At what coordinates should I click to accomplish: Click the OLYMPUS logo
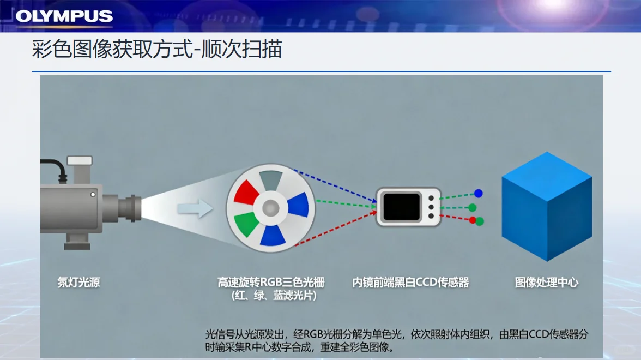coord(64,16)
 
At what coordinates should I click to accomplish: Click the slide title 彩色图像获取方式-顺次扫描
coord(157,50)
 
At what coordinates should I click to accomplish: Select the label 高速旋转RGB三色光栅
coord(270,282)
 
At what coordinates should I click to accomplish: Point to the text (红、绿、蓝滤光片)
coord(270,296)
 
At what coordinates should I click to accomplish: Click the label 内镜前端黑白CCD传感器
coord(410,282)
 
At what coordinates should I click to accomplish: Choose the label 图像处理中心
coord(546,282)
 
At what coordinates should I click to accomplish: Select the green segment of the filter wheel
coord(247,225)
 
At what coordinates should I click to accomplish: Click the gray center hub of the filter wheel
coord(270,207)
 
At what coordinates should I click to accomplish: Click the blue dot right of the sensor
coord(478,193)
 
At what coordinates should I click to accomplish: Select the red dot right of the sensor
coord(472,220)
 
